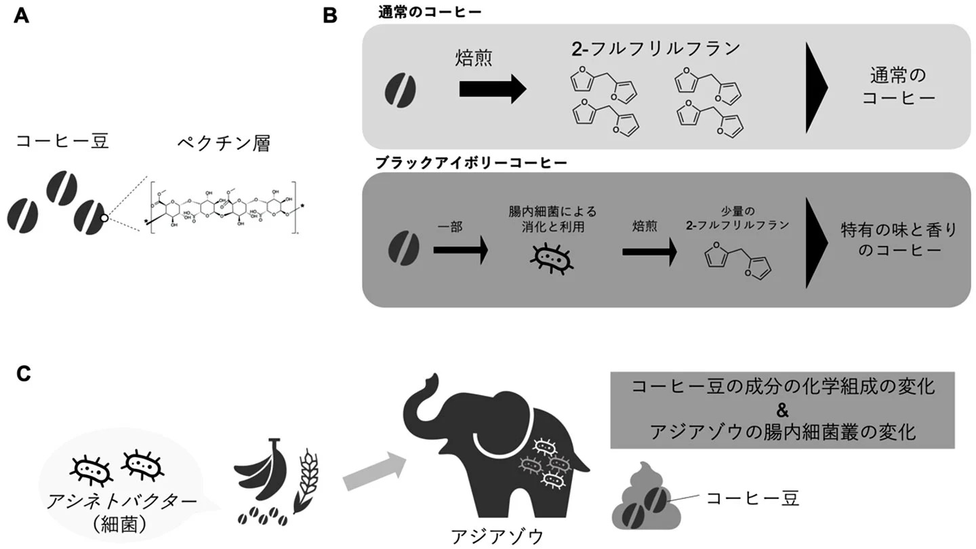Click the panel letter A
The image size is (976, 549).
pos(21,15)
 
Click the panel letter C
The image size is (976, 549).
pos(22,374)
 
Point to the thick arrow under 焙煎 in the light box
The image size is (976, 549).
pos(492,89)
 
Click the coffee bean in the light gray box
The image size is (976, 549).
pos(401,91)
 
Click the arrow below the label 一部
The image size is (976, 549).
pos(460,251)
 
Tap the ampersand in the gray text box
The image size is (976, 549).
pos(782,409)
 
